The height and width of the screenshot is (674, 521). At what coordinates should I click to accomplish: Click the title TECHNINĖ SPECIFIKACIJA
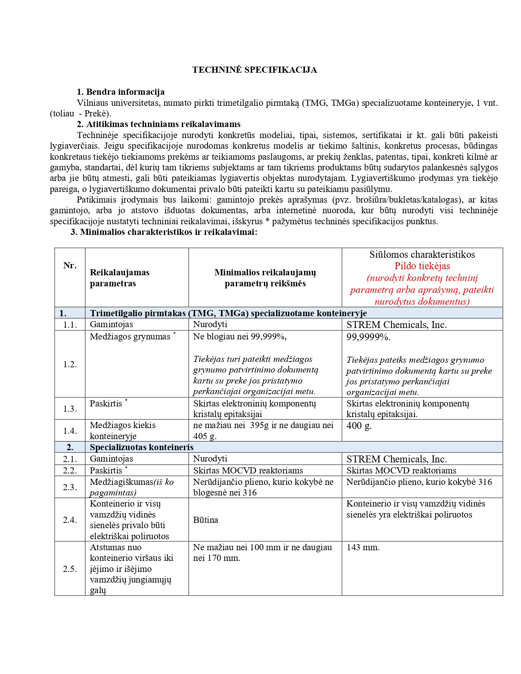pos(255,70)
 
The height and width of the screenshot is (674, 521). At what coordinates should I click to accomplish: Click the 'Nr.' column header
pos(70,266)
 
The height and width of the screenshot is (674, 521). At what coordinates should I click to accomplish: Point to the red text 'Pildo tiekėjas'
pos(422,266)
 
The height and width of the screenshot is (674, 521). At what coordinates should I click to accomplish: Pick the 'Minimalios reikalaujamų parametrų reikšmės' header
pos(265,278)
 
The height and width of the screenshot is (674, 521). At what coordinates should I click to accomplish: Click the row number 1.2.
pos(70,364)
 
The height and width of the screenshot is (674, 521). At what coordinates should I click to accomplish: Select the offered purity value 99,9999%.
pos(368,337)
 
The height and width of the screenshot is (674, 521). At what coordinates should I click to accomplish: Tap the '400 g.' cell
pos(359,426)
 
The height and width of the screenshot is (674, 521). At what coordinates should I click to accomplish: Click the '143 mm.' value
pos(363,547)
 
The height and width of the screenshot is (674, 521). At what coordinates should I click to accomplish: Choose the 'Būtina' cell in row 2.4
pos(206,520)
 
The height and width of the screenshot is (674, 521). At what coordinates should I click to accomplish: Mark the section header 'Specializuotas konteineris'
pos(141,447)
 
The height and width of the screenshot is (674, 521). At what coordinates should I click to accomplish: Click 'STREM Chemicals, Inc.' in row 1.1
pos(396,325)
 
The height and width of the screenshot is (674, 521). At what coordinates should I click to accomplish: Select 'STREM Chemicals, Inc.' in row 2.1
pos(396,459)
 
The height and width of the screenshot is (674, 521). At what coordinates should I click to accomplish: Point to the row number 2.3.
pos(70,487)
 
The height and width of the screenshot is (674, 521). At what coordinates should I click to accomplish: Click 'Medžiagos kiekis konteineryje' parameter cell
pos(123,431)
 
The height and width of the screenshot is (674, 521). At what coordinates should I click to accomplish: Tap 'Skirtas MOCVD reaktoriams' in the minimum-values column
pos(248,471)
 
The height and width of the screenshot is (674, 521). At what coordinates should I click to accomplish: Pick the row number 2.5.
pos(70,569)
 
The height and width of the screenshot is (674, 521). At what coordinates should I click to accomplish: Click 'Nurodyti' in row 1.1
pos(210,324)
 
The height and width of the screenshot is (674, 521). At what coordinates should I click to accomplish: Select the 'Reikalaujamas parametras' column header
pos(119,278)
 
